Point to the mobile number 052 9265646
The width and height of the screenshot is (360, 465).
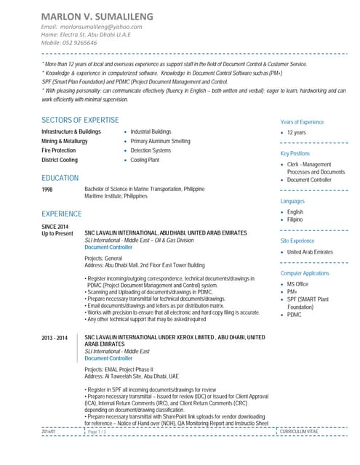79,43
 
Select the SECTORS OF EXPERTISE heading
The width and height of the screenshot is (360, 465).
80,119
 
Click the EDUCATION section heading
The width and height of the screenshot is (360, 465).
60,178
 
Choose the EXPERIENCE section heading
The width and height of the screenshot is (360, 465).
62,214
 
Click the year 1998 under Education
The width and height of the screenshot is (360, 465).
47,189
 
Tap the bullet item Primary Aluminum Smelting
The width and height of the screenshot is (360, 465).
160,141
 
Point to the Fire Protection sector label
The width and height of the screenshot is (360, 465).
58,150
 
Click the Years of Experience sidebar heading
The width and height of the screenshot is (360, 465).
302,122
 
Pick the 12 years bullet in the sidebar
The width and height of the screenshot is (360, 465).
296,133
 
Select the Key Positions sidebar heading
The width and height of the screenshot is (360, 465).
295,154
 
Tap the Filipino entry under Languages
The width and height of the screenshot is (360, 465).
295,219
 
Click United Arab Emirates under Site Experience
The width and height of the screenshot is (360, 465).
309,251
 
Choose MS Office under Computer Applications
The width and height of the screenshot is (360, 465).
297,284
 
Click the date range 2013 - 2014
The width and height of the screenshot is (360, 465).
54,339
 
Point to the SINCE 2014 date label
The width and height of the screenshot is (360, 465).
54,227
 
